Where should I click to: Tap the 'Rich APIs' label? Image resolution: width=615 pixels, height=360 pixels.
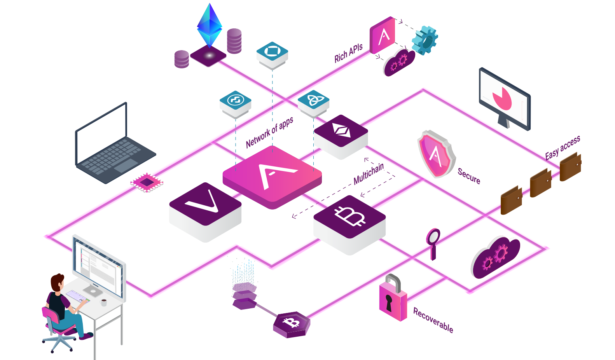click(348, 53)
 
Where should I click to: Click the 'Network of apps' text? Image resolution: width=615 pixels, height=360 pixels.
click(269, 132)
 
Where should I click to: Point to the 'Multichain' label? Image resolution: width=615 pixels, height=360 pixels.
click(369, 173)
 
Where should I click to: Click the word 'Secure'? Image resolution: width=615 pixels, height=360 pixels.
click(469, 176)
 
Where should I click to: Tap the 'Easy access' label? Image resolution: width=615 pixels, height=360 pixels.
click(563, 147)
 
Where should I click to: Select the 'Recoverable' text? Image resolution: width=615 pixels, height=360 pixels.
click(433, 320)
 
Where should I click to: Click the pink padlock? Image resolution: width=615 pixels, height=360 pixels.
click(393, 300)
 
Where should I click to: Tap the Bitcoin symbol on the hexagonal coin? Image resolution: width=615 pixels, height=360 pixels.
click(291, 322)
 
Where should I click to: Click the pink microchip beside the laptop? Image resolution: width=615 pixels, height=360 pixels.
click(147, 182)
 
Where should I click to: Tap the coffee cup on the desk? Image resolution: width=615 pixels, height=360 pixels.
click(104, 302)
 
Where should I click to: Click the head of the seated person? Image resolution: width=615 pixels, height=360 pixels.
click(57, 282)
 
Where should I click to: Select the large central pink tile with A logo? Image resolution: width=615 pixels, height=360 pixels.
click(272, 177)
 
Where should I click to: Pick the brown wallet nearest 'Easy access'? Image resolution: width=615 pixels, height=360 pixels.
click(570, 166)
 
